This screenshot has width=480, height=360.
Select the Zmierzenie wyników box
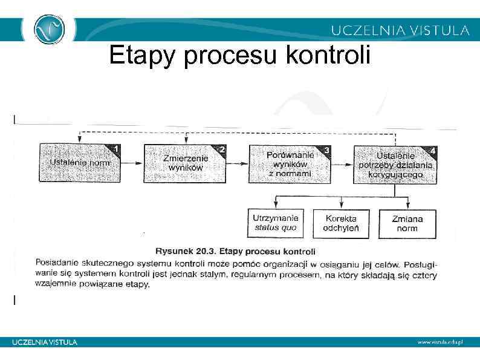(185, 163)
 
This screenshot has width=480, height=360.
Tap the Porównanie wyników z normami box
(290, 163)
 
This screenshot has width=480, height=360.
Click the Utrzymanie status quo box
(276, 223)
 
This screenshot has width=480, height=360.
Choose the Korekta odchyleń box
(341, 223)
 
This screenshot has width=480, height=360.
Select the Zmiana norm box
(407, 223)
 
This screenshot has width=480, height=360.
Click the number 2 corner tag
(221, 149)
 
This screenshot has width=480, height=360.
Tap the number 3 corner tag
(326, 149)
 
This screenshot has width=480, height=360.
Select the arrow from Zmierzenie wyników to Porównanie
(238, 163)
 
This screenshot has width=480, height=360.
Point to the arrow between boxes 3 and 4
(342, 164)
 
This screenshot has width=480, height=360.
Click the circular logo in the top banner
(49, 28)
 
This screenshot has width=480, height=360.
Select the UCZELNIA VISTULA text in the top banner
(400, 30)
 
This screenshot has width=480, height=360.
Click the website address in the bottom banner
(439, 342)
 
